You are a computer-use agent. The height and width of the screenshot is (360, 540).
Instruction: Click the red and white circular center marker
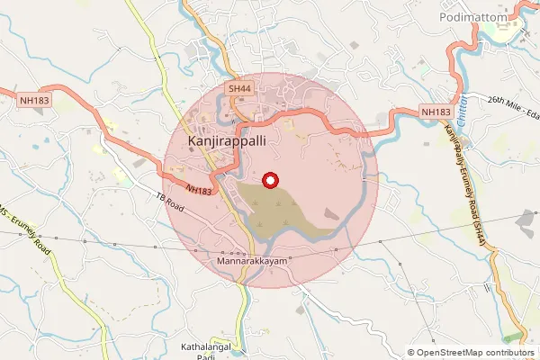(x=269, y=181)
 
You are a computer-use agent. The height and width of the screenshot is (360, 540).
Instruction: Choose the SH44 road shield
(x=239, y=89)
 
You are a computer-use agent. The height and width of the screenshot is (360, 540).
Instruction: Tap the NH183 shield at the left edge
(x=32, y=100)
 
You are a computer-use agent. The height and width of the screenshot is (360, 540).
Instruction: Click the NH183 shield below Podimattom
(x=436, y=112)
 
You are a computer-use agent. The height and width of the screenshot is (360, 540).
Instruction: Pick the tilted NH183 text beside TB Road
(x=200, y=190)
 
